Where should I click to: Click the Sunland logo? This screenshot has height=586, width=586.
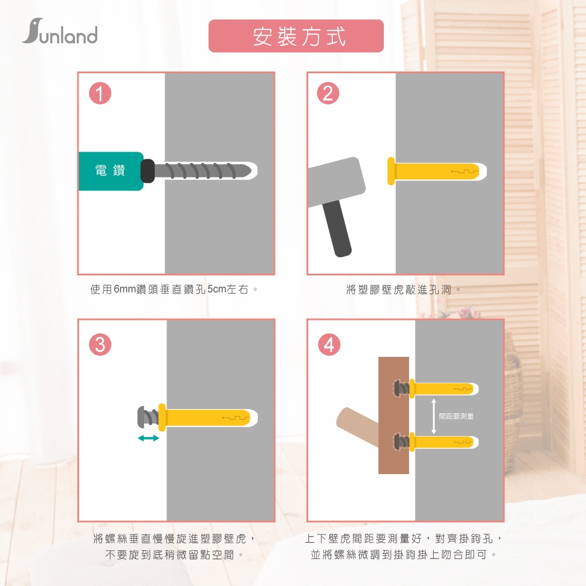point(60,32)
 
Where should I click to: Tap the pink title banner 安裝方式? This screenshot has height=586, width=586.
point(296,36)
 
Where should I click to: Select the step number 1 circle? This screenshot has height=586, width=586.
point(100,93)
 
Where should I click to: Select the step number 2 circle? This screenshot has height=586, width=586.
point(328,93)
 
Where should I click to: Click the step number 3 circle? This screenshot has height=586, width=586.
point(100,344)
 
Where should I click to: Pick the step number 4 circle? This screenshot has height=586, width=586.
point(329,344)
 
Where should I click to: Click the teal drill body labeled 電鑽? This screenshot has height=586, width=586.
point(111,171)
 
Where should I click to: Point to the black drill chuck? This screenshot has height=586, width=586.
point(148,171)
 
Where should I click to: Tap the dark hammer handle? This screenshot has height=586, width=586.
point(337,229)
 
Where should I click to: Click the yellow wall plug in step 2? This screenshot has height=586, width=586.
point(433,171)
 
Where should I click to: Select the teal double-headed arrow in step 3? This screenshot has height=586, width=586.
point(148,438)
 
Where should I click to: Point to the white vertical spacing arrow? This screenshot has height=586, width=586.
point(434,416)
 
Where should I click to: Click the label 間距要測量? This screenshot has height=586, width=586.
point(456,416)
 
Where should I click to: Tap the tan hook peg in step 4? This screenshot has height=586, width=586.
point(357,424)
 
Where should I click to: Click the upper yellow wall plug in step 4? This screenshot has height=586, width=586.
point(444,389)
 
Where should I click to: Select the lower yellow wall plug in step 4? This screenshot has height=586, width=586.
point(444,442)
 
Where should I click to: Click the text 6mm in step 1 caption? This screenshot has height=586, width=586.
point(125,289)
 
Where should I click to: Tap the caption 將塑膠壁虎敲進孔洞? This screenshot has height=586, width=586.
point(399,289)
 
